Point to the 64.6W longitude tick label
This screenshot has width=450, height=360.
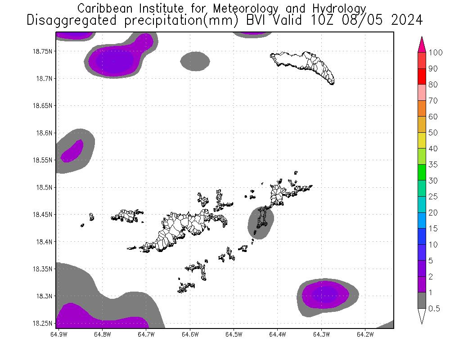[x=190, y=334]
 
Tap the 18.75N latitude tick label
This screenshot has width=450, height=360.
[x=43, y=51]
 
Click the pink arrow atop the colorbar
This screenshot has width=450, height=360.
[x=422, y=44]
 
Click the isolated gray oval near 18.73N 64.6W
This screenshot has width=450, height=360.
[x=195, y=61]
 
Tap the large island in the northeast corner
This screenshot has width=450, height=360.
[x=304, y=66]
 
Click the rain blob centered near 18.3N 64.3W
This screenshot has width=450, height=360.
[x=326, y=295]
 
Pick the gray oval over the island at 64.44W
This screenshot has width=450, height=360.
[x=261, y=222]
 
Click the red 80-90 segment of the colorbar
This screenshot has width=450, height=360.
[x=422, y=76]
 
